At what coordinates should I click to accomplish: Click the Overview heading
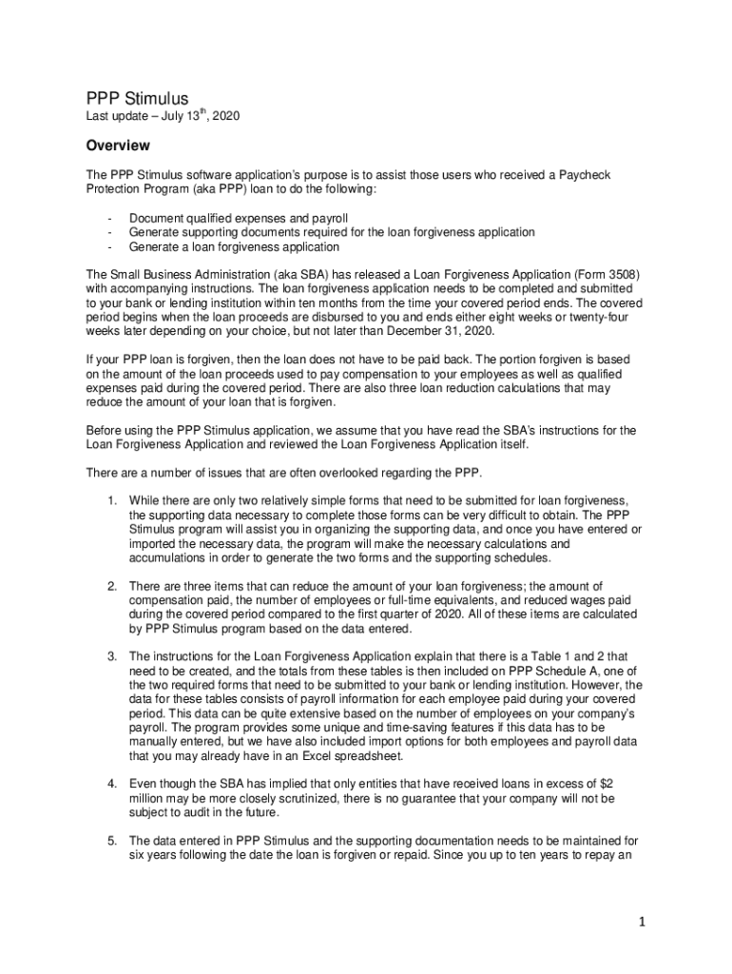click(x=118, y=146)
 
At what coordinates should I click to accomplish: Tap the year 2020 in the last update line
click(x=225, y=117)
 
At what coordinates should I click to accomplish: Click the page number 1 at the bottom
click(x=643, y=922)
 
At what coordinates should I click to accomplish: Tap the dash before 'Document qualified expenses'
click(x=110, y=218)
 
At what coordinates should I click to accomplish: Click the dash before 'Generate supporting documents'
click(x=110, y=232)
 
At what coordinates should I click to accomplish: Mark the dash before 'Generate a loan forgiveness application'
click(x=110, y=246)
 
